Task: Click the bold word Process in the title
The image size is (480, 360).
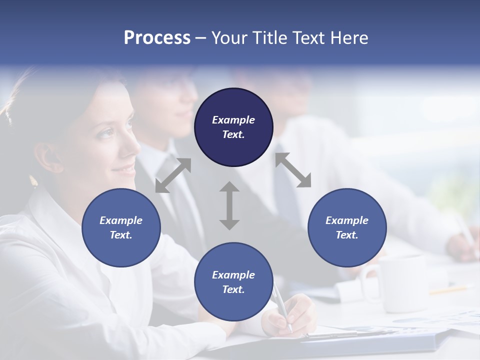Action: pyautogui.click(x=157, y=38)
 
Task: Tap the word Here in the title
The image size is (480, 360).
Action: pyautogui.click(x=349, y=38)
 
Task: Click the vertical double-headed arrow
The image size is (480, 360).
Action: pyautogui.click(x=229, y=205)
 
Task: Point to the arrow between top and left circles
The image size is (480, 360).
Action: pyautogui.click(x=173, y=175)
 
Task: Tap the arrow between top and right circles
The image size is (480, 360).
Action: pyautogui.click(x=293, y=170)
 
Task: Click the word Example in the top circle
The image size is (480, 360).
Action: pyautogui.click(x=233, y=120)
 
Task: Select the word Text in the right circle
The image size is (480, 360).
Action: pyautogui.click(x=347, y=235)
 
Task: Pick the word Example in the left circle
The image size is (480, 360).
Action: pyautogui.click(x=121, y=220)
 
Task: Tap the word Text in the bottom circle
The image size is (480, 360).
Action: pyautogui.click(x=233, y=289)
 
